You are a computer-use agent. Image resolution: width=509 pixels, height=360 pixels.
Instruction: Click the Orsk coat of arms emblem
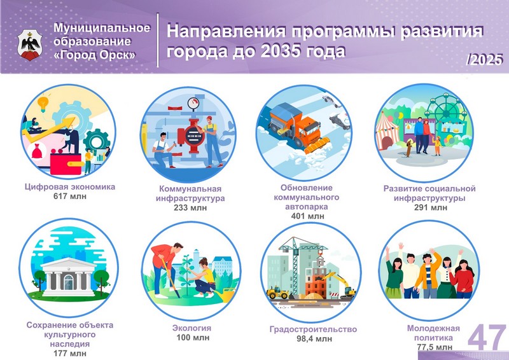click(x=29, y=45)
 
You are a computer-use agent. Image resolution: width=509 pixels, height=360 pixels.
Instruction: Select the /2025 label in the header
click(x=484, y=60)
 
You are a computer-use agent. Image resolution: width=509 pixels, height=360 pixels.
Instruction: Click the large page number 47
click(x=487, y=338)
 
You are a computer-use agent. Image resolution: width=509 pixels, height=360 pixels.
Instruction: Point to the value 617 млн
click(x=70, y=196)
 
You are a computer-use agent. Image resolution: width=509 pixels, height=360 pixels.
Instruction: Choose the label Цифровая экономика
click(x=70, y=186)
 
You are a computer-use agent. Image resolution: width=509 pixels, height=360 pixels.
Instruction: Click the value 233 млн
click(x=190, y=207)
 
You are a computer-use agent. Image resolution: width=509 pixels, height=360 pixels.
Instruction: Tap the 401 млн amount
click(x=307, y=216)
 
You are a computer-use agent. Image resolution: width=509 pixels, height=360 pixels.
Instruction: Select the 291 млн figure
click(x=431, y=207)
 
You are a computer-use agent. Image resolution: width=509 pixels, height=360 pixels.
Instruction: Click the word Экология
click(x=192, y=328)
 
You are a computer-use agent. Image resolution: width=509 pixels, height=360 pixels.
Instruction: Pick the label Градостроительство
click(x=313, y=329)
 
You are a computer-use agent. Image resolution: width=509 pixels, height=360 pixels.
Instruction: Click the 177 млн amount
click(x=70, y=353)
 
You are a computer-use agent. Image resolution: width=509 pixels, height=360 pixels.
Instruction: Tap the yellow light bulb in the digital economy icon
click(x=43, y=103)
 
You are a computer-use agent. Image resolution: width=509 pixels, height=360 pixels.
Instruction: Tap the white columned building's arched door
click(x=69, y=282)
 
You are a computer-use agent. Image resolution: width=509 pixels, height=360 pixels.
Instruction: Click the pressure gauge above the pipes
click(x=194, y=103)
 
